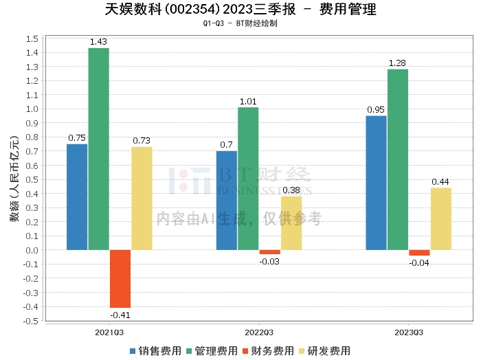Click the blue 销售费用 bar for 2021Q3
tap(77, 196)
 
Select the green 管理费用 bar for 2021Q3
tap(98, 148)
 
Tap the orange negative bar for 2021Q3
tap(120, 278)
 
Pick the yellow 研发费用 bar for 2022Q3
tap(291, 223)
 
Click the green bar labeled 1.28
tap(398, 159)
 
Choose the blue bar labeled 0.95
tap(376, 183)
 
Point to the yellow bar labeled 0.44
tap(441, 218)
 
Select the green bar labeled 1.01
tap(248, 178)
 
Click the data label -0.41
tap(120, 315)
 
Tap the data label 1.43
tap(99, 42)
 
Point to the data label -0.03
tap(269, 261)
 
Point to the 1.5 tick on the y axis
tap(32, 38)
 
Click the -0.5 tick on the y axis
tap(30, 321)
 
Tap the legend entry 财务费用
tap(269, 350)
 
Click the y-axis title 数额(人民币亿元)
tap(14, 179)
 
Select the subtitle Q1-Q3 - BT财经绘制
tap(240, 23)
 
